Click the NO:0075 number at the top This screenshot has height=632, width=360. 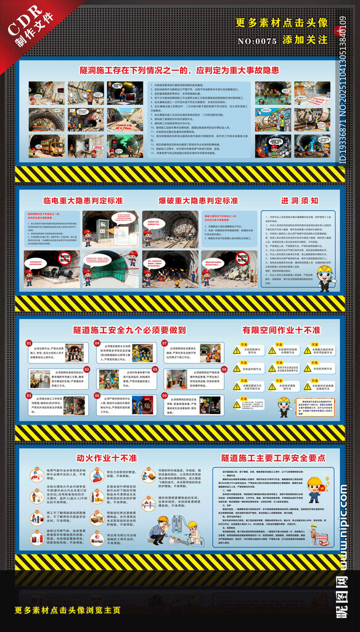tap(258, 41)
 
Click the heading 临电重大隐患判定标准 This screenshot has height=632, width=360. tap(83, 201)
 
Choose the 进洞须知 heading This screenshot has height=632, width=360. tap(300, 201)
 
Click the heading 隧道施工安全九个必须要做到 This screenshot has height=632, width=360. tap(129, 330)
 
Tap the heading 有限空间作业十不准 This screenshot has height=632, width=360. tap(281, 330)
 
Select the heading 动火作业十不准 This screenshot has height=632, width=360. tap(107, 458)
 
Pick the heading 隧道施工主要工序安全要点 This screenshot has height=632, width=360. tap(273, 458)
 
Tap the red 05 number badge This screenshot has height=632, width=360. tap(96, 370)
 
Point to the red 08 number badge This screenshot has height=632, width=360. tap(165, 370)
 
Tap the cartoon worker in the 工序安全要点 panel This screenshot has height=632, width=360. tap(314, 489)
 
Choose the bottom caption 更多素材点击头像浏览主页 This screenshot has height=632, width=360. tap(68, 610)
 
